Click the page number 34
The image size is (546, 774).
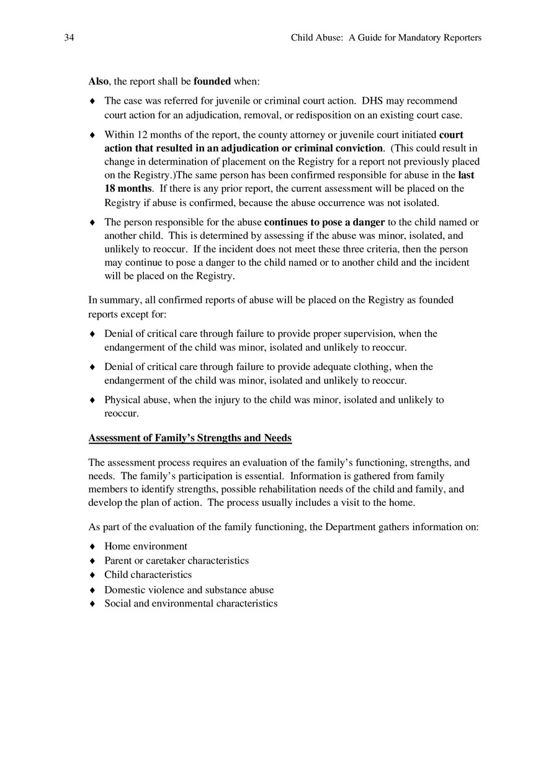pyautogui.click(x=69, y=38)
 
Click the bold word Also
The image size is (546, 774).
pyautogui.click(x=98, y=81)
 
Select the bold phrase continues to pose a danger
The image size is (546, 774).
pyautogui.click(x=324, y=222)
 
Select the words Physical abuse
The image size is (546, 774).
pyautogui.click(x=137, y=400)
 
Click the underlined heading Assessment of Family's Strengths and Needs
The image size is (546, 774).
pyautogui.click(x=190, y=438)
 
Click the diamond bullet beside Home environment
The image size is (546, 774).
pyautogui.click(x=92, y=547)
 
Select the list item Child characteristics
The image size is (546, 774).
pyautogui.click(x=148, y=575)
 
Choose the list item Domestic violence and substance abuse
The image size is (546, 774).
pyautogui.click(x=189, y=590)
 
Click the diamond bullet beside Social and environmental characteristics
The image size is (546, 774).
pyautogui.click(x=92, y=604)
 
